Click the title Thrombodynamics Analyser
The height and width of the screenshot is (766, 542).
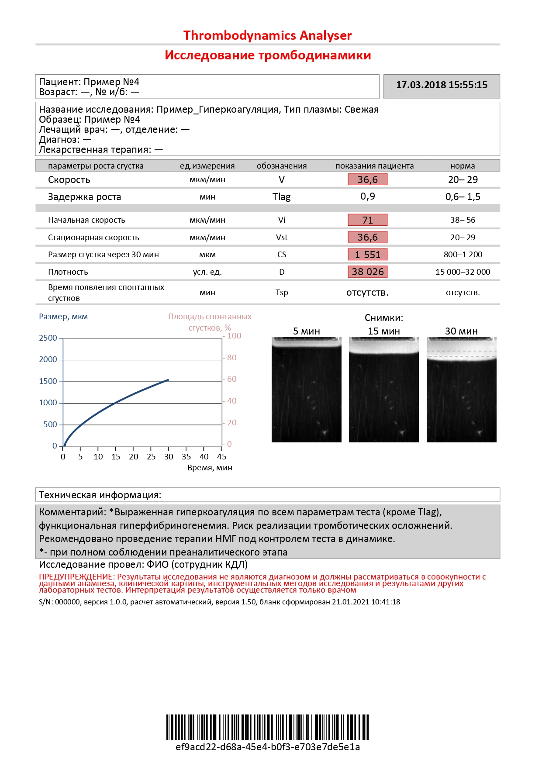pos(267,35)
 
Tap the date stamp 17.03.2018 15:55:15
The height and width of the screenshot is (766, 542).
pos(442,85)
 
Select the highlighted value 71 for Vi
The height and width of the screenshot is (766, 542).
pos(368,220)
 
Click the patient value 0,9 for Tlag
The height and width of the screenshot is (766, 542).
pos(368,197)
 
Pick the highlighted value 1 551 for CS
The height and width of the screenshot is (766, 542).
pos(368,255)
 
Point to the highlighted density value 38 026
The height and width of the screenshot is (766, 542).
pos(368,272)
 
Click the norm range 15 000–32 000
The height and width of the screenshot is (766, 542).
pos(463,272)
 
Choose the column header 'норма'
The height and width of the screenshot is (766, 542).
pos(463,166)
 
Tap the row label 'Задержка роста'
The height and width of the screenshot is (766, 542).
pos(84,197)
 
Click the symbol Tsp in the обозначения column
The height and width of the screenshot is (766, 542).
pos(282,293)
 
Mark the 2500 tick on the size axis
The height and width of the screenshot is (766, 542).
pos(48,338)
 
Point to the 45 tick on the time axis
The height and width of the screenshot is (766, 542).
pos(222,457)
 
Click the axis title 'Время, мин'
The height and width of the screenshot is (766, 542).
pos(210,468)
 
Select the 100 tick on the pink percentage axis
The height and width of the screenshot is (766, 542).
pos(234,336)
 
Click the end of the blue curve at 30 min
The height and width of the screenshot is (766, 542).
pos(169,380)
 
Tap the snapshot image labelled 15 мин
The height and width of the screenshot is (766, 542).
pos(383,390)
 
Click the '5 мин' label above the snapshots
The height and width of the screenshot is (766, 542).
pos(306,331)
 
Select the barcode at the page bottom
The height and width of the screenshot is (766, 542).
pos(267,727)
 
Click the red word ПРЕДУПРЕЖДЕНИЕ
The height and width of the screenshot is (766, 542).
pos(76,577)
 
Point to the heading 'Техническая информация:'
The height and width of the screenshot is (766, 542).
pos(100,495)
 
